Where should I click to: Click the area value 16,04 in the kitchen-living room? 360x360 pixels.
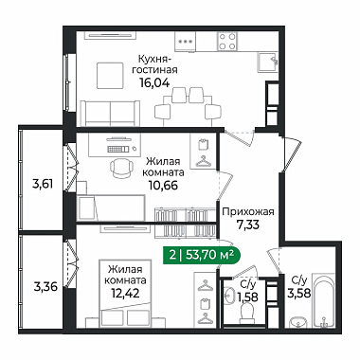tap(154, 82)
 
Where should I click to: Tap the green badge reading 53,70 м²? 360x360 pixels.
tap(202, 255)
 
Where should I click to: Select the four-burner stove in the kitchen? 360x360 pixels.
tap(227, 41)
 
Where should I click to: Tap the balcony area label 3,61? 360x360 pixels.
tap(43, 183)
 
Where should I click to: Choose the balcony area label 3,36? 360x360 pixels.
tap(45, 287)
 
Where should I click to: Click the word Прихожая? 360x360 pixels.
tap(248, 211)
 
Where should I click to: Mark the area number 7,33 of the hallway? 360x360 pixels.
tap(248, 225)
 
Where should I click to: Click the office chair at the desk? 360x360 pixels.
tap(121, 167)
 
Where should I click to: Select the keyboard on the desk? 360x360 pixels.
tap(118, 149)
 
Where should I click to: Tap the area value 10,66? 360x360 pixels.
tap(163, 186)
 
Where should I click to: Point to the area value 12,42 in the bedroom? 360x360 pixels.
tap(125, 294)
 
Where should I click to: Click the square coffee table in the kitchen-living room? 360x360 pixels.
tap(110, 76)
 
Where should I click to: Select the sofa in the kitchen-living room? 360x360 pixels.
tap(110, 114)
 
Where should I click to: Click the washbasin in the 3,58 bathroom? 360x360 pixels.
tap(297, 322)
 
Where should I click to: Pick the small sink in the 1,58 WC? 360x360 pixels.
tap(228, 296)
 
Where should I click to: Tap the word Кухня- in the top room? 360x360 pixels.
tap(154, 59)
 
